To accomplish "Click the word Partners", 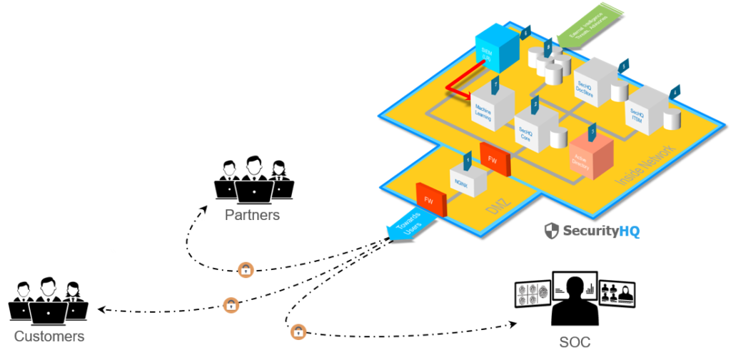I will pyautogui.click(x=253, y=215).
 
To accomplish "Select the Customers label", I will pyautogui.click(x=49, y=336).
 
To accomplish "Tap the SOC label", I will pyautogui.click(x=575, y=342).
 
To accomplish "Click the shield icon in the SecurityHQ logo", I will pyautogui.click(x=551, y=231).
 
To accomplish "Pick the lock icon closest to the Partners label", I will pyautogui.click(x=246, y=270).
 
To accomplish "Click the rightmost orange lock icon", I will pyautogui.click(x=298, y=332).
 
